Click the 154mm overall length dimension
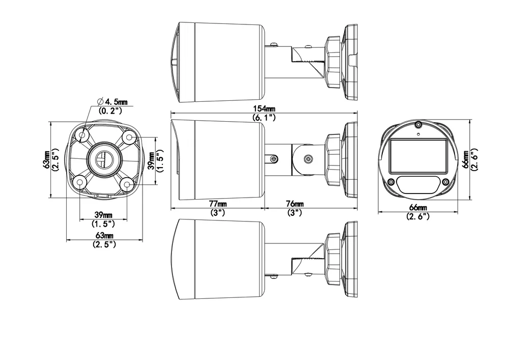click(264, 108)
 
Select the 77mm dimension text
click(218, 204)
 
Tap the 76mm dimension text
click(295, 204)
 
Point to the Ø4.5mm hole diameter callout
click(112, 102)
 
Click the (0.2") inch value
click(110, 111)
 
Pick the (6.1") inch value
click(264, 118)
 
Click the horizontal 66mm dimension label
click(418, 207)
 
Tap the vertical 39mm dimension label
click(151, 160)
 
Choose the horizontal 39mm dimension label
click(103, 215)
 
